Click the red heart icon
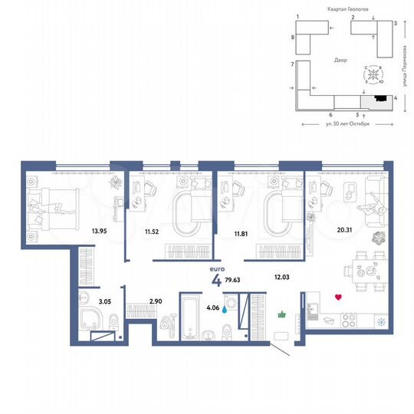338,296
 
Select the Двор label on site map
340,59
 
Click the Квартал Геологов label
336,6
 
